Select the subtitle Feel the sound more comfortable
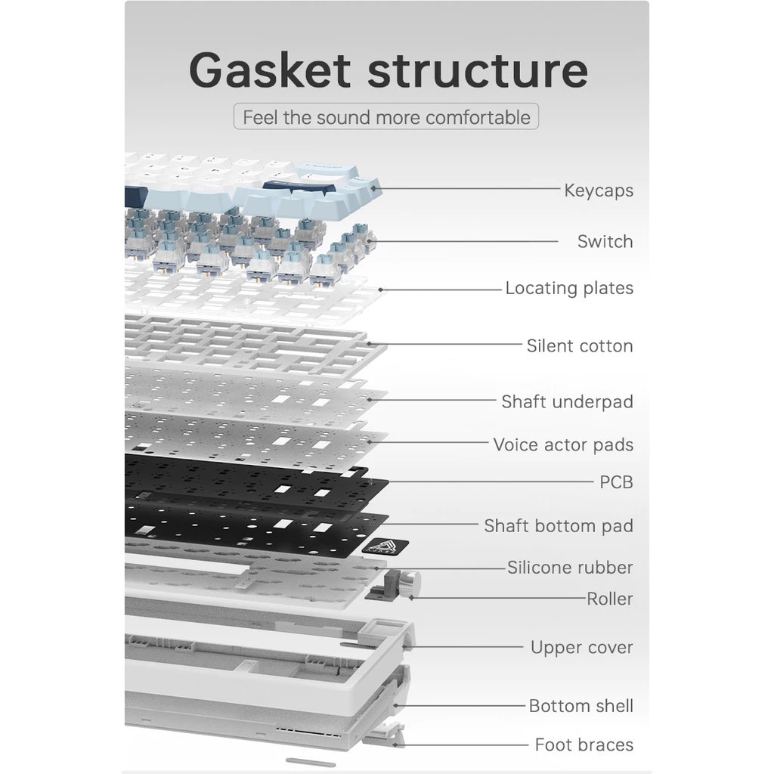coord(386,118)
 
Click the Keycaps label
coord(599,190)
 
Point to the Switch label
coord(605,242)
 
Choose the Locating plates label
coord(569,288)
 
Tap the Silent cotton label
coord(580,346)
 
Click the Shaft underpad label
coord(567,402)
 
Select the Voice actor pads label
coord(563,445)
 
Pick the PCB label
coord(616,482)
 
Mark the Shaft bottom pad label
coord(559,526)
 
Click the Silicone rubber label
coord(570,568)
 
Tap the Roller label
coord(610,599)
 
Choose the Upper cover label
coord(581,648)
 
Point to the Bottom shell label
coord(580,706)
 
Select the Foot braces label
coord(584,745)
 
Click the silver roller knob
coord(411,582)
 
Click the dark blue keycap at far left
coord(134,195)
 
